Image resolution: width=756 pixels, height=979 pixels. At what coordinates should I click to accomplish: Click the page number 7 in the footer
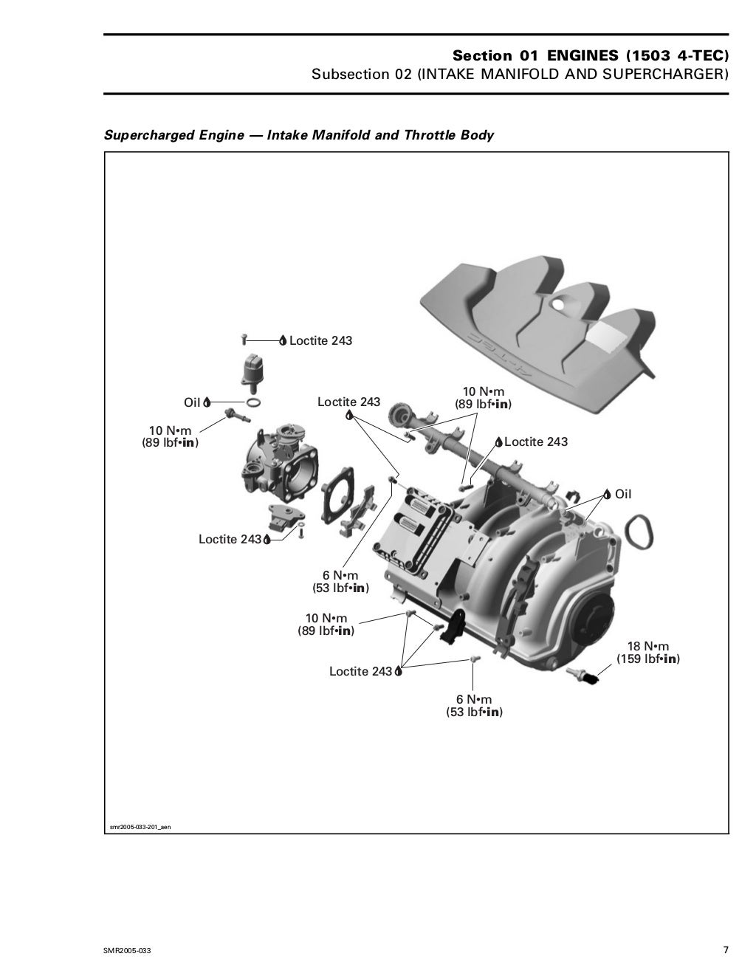[725, 949]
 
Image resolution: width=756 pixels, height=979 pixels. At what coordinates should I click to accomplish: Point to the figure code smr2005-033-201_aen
[140, 827]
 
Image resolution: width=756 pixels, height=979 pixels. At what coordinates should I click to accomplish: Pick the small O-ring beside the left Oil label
[252, 403]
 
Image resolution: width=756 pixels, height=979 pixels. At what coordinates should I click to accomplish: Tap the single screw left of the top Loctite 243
[244, 340]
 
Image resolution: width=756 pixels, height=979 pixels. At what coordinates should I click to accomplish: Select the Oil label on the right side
[623, 495]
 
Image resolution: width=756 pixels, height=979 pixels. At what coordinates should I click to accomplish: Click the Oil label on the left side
[192, 402]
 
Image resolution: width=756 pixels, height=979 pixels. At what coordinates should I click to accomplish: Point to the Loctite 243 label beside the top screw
[320, 341]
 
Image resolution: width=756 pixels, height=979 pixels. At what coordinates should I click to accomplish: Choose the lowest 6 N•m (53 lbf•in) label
[473, 706]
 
